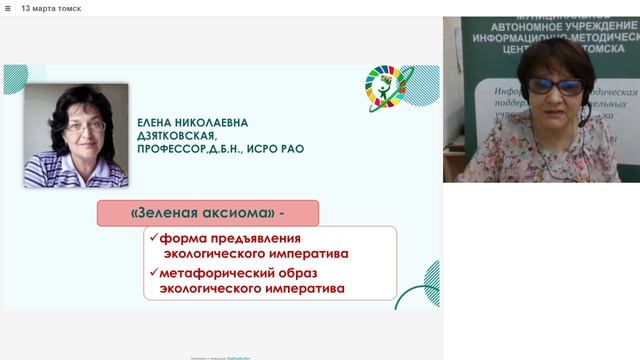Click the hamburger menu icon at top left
[8, 8]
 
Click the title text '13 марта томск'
[52, 8]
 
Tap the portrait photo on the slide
[75, 136]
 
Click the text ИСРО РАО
[278, 149]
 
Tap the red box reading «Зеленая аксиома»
[208, 213]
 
